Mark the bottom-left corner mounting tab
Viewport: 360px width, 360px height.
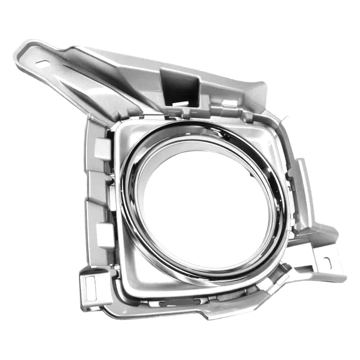90,292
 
